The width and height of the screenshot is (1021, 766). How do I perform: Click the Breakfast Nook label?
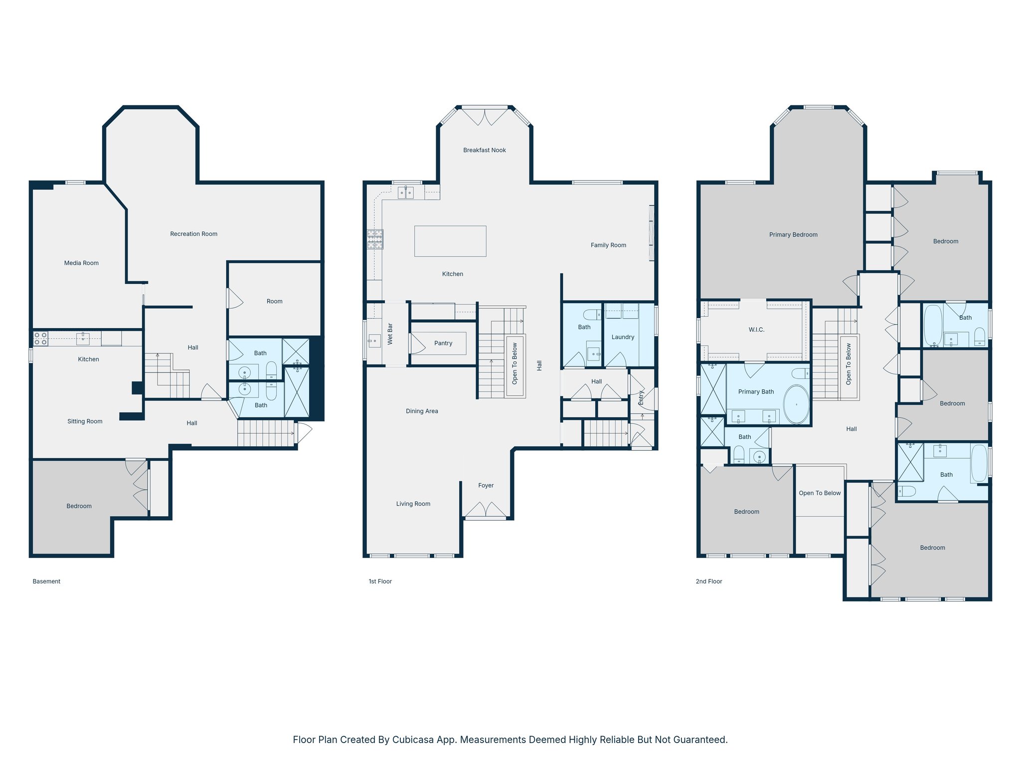(484, 150)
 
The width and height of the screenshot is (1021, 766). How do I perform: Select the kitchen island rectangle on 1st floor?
(450, 241)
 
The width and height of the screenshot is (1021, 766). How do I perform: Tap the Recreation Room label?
(193, 234)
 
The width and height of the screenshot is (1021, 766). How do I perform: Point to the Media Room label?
(81, 263)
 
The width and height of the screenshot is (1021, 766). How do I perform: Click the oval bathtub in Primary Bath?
(796, 404)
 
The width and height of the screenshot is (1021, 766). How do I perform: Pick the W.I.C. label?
(756, 330)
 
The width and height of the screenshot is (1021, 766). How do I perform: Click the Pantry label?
(443, 343)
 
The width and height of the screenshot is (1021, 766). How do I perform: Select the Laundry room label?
(623, 337)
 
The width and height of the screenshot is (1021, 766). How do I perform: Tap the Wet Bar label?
(390, 334)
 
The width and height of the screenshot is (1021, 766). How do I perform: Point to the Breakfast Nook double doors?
(485, 117)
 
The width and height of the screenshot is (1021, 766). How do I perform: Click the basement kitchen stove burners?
(40, 339)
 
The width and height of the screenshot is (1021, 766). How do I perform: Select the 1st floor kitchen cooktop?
(375, 239)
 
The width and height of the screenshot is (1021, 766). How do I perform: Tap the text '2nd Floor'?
(708, 581)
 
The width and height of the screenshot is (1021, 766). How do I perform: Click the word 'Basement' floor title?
(46, 581)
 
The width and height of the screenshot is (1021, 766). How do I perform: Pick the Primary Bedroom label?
(793, 235)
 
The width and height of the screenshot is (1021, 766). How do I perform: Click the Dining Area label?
(422, 411)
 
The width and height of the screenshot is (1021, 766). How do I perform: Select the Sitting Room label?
(85, 421)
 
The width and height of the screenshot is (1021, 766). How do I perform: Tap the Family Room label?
(608, 245)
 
